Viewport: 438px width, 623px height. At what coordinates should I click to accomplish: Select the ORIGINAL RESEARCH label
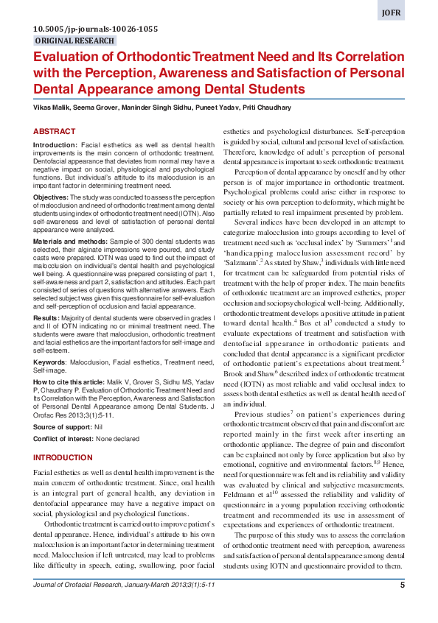74,41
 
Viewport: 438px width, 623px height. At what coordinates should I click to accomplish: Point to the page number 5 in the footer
402,606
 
